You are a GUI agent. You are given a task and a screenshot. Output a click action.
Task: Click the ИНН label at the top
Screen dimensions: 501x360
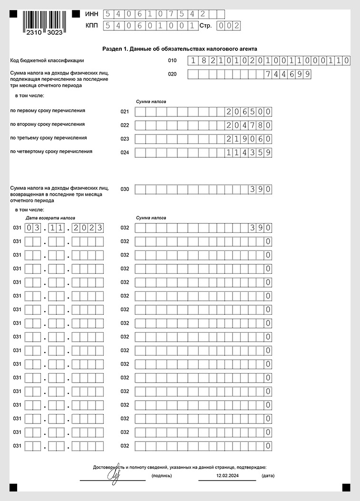point(92,15)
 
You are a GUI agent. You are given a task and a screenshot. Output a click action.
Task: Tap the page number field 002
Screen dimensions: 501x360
point(227,26)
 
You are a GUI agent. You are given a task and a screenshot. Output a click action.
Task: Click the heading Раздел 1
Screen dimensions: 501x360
point(180,48)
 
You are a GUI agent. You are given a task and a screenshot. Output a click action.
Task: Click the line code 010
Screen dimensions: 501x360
point(172,60)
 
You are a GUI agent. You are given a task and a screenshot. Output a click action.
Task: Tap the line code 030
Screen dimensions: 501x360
point(125,189)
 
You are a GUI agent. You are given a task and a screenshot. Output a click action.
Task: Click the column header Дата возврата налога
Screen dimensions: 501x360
point(50,218)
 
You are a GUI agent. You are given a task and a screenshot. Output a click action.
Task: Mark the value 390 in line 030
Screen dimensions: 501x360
point(261,190)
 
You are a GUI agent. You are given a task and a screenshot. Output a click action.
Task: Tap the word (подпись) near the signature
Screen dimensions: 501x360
point(162,475)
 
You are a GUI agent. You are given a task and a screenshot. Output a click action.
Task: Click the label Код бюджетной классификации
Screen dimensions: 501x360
point(47,60)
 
